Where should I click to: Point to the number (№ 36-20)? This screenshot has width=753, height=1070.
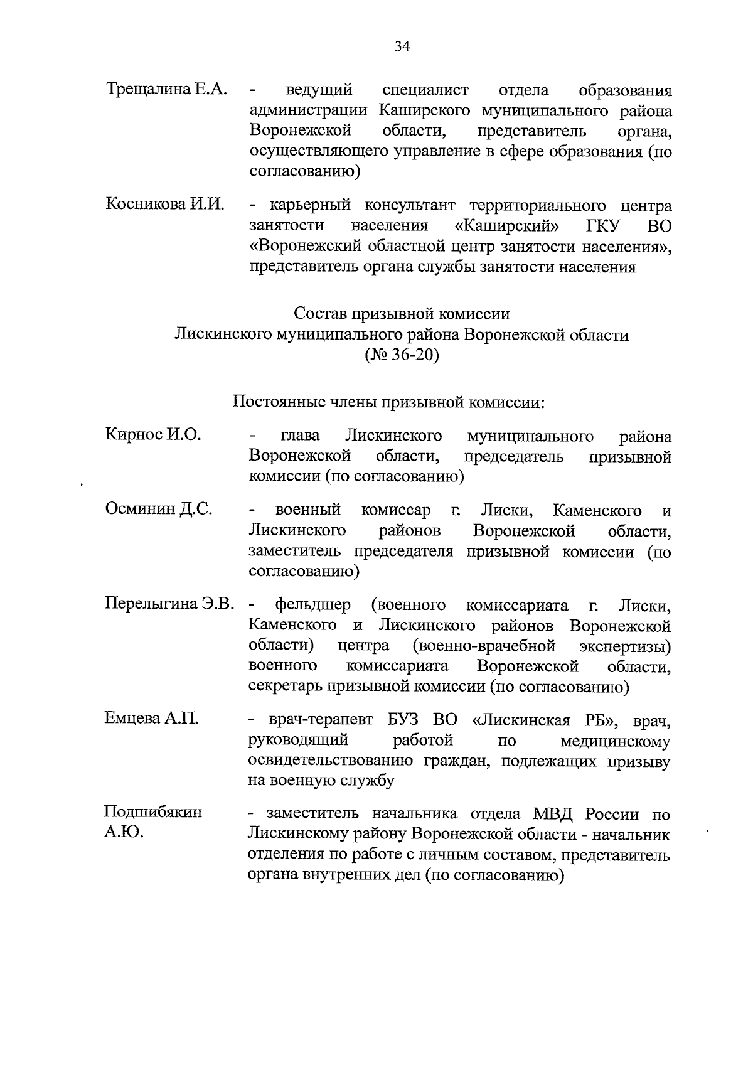click(402, 355)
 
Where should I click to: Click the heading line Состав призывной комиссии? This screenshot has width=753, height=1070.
click(402, 313)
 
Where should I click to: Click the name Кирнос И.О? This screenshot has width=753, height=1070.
click(153, 434)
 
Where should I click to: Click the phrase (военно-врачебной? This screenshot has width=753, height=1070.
click(484, 646)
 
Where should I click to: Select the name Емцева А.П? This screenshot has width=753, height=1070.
click(152, 719)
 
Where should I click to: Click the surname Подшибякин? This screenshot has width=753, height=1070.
click(153, 812)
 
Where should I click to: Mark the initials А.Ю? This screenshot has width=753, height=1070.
click(124, 833)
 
